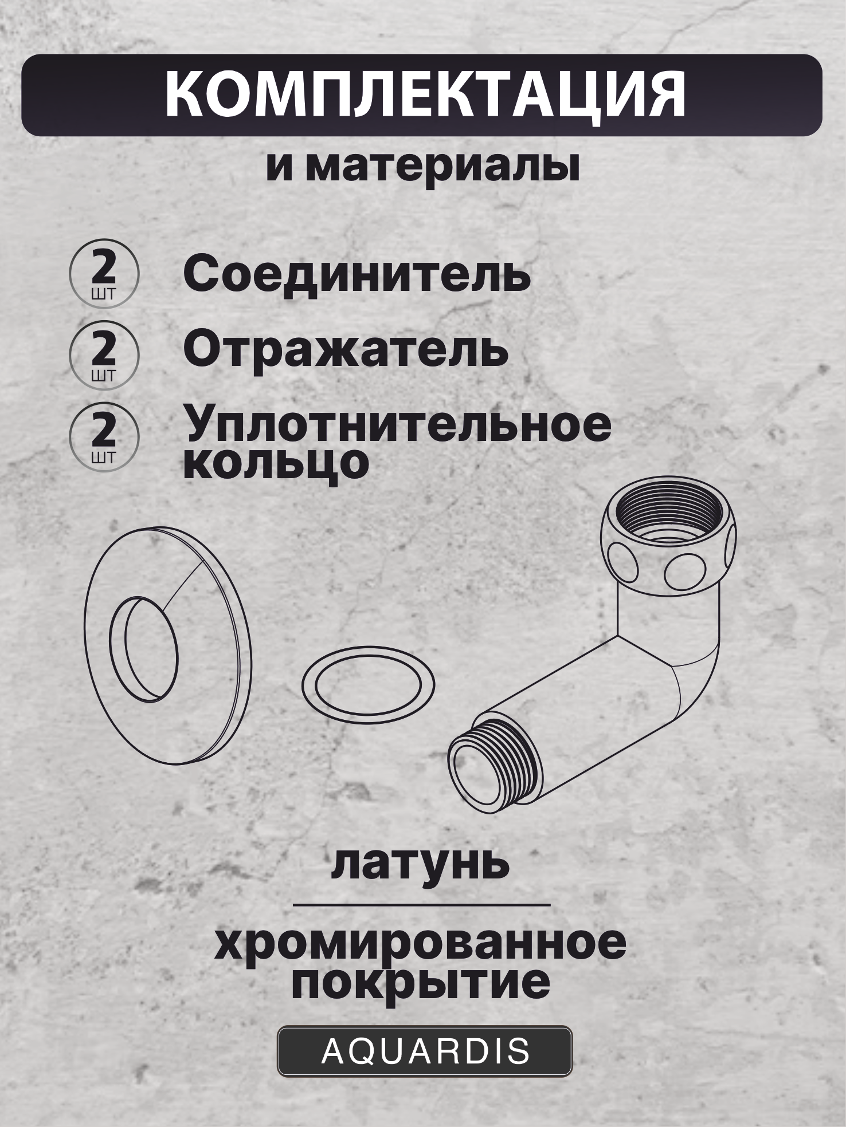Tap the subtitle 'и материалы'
[x=422, y=167]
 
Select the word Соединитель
[x=357, y=275]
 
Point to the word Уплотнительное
[x=397, y=426]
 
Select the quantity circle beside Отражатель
[x=103, y=355]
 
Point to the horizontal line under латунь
[x=421, y=905]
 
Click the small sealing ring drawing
[x=368, y=681]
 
